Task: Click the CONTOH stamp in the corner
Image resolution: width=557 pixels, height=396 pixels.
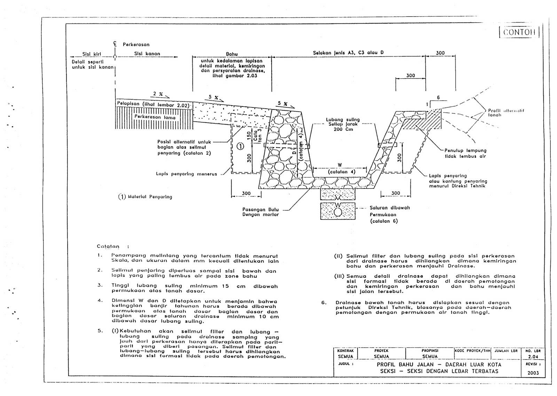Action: coord(519,32)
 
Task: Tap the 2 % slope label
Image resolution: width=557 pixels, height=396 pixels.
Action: coord(158,94)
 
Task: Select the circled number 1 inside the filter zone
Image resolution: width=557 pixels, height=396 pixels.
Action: coord(240,146)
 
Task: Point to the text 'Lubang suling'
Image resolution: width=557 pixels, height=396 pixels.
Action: coord(343,120)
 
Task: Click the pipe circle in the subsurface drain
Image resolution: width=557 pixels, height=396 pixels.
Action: coord(338,211)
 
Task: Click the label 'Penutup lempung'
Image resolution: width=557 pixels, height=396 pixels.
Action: coord(465,151)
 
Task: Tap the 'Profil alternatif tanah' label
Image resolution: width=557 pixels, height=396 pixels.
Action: coord(506,112)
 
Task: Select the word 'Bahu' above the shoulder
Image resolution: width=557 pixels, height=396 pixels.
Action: coord(232,54)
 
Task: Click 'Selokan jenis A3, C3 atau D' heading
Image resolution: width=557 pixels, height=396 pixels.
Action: coord(348,53)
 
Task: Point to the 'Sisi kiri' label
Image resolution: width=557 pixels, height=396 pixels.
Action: coord(92,54)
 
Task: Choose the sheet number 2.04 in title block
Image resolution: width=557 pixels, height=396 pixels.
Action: coord(533,357)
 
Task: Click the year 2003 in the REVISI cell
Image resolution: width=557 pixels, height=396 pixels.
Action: coord(533,373)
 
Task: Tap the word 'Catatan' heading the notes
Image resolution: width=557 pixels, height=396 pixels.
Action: coord(108,246)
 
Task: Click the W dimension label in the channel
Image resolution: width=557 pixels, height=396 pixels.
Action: coord(340,165)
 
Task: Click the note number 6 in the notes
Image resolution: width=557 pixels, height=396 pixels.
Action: coord(324,303)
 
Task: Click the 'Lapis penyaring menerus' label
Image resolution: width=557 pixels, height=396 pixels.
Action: coord(186,174)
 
